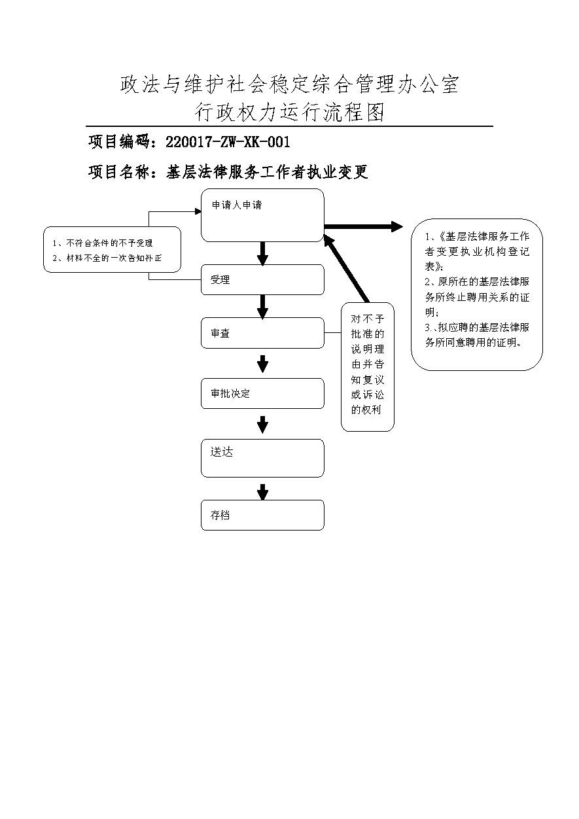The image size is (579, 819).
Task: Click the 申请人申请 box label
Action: (236, 205)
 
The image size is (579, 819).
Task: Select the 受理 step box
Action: (262, 280)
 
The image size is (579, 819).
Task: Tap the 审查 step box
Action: (262, 333)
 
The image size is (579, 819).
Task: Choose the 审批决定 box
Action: (262, 394)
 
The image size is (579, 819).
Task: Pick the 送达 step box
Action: (262, 457)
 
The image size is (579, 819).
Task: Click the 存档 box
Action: (262, 515)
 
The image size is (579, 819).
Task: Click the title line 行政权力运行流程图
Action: (290, 112)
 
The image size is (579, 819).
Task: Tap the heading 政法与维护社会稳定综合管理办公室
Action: (290, 84)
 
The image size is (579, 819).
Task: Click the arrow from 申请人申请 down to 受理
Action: (262, 253)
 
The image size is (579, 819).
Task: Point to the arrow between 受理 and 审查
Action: (262, 306)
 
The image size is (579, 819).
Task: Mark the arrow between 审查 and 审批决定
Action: (262, 363)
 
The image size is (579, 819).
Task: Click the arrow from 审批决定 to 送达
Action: (262, 424)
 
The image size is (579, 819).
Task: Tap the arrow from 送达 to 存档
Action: (262, 491)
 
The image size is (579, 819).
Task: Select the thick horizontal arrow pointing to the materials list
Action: (364, 226)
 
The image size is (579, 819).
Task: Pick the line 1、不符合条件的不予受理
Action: (102, 243)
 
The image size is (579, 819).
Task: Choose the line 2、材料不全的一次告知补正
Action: (107, 258)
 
